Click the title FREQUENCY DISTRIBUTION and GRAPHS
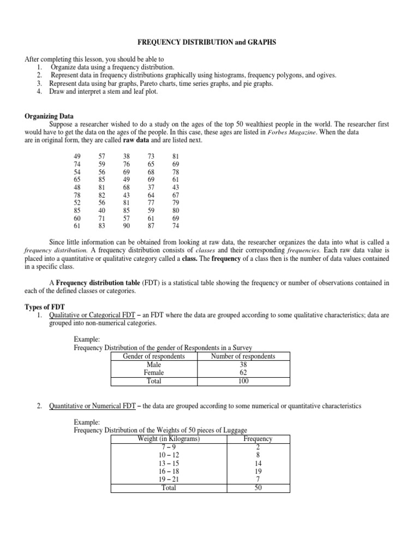click(x=209, y=41)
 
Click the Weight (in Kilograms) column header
click(x=169, y=439)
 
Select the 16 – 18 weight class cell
click(x=169, y=471)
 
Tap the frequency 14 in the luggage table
click(x=258, y=462)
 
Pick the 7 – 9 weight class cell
click(x=169, y=447)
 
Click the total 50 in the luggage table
click(x=258, y=487)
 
